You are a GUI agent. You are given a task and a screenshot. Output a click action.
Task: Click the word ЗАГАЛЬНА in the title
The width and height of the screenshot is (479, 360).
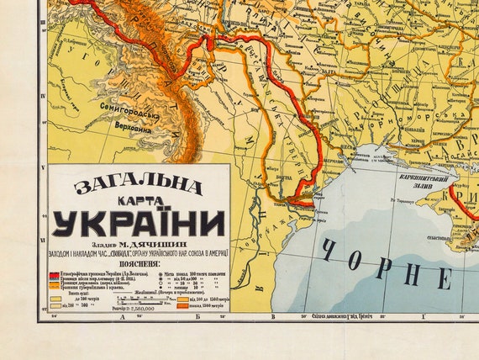(x=137, y=186)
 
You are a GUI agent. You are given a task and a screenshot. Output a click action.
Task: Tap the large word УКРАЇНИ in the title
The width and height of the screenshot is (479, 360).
(x=139, y=225)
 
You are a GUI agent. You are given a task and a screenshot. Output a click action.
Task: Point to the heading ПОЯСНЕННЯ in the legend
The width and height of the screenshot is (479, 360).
(x=139, y=262)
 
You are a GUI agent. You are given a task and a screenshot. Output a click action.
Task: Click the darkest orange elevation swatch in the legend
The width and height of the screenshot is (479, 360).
(x=182, y=306)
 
